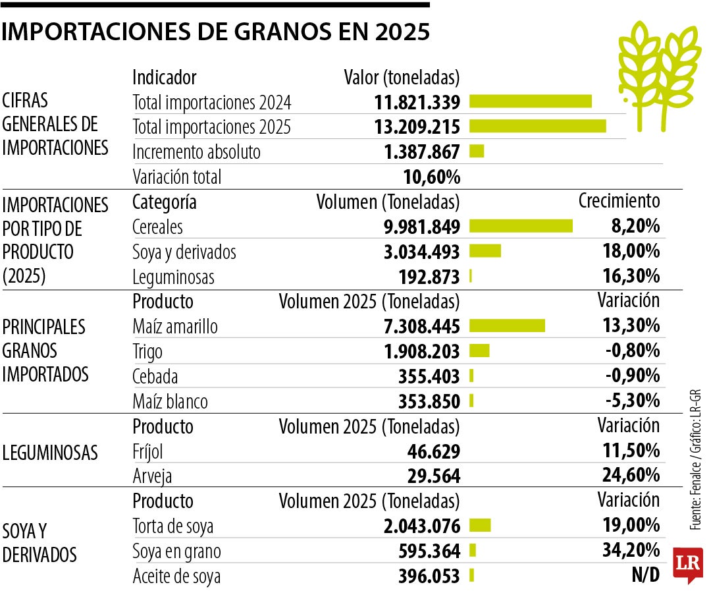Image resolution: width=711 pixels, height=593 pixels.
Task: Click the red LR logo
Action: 688,564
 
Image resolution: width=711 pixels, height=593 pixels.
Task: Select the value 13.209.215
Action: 422,127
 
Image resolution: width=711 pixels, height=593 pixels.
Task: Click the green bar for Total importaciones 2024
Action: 530,101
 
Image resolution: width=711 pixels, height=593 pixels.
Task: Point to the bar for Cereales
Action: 521,226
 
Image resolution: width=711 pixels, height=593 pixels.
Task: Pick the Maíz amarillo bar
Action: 507,325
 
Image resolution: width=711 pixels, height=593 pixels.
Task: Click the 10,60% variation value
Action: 431,177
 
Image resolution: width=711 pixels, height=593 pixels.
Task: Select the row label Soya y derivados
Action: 184,252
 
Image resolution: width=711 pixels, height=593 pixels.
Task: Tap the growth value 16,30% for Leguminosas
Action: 631,277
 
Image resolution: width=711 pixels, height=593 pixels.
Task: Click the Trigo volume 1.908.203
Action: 422,351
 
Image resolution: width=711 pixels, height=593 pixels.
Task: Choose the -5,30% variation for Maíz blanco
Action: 633,401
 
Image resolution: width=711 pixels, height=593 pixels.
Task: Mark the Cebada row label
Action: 155,376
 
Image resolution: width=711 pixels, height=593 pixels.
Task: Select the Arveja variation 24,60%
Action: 631,475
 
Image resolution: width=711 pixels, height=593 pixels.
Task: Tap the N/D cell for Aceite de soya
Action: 645,575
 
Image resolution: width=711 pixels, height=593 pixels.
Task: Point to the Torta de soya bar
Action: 480,525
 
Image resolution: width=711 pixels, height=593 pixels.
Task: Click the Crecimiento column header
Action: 619,201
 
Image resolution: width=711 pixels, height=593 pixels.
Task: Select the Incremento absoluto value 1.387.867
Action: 422,152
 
